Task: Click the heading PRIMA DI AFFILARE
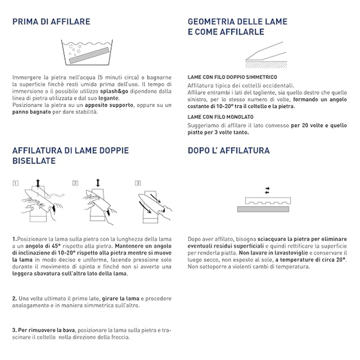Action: coord(51,22)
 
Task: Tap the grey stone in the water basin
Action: coord(89,55)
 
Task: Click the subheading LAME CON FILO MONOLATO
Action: coord(220,117)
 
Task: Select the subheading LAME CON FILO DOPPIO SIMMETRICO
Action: coord(232,77)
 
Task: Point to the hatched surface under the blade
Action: coord(266,65)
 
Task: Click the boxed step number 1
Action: coord(15,183)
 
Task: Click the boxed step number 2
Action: coord(75,183)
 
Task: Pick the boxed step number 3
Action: coord(138,183)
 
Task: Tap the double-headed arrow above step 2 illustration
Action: coord(98,183)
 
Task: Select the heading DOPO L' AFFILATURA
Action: coord(229,150)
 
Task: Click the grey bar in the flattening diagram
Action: coord(263,209)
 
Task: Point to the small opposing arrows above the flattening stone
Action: coord(267,190)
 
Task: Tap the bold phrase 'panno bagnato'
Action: coord(31,112)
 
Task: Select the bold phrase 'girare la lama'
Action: coord(121,299)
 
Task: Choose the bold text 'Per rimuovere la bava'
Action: coord(47,330)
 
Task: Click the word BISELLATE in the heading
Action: coord(34,161)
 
